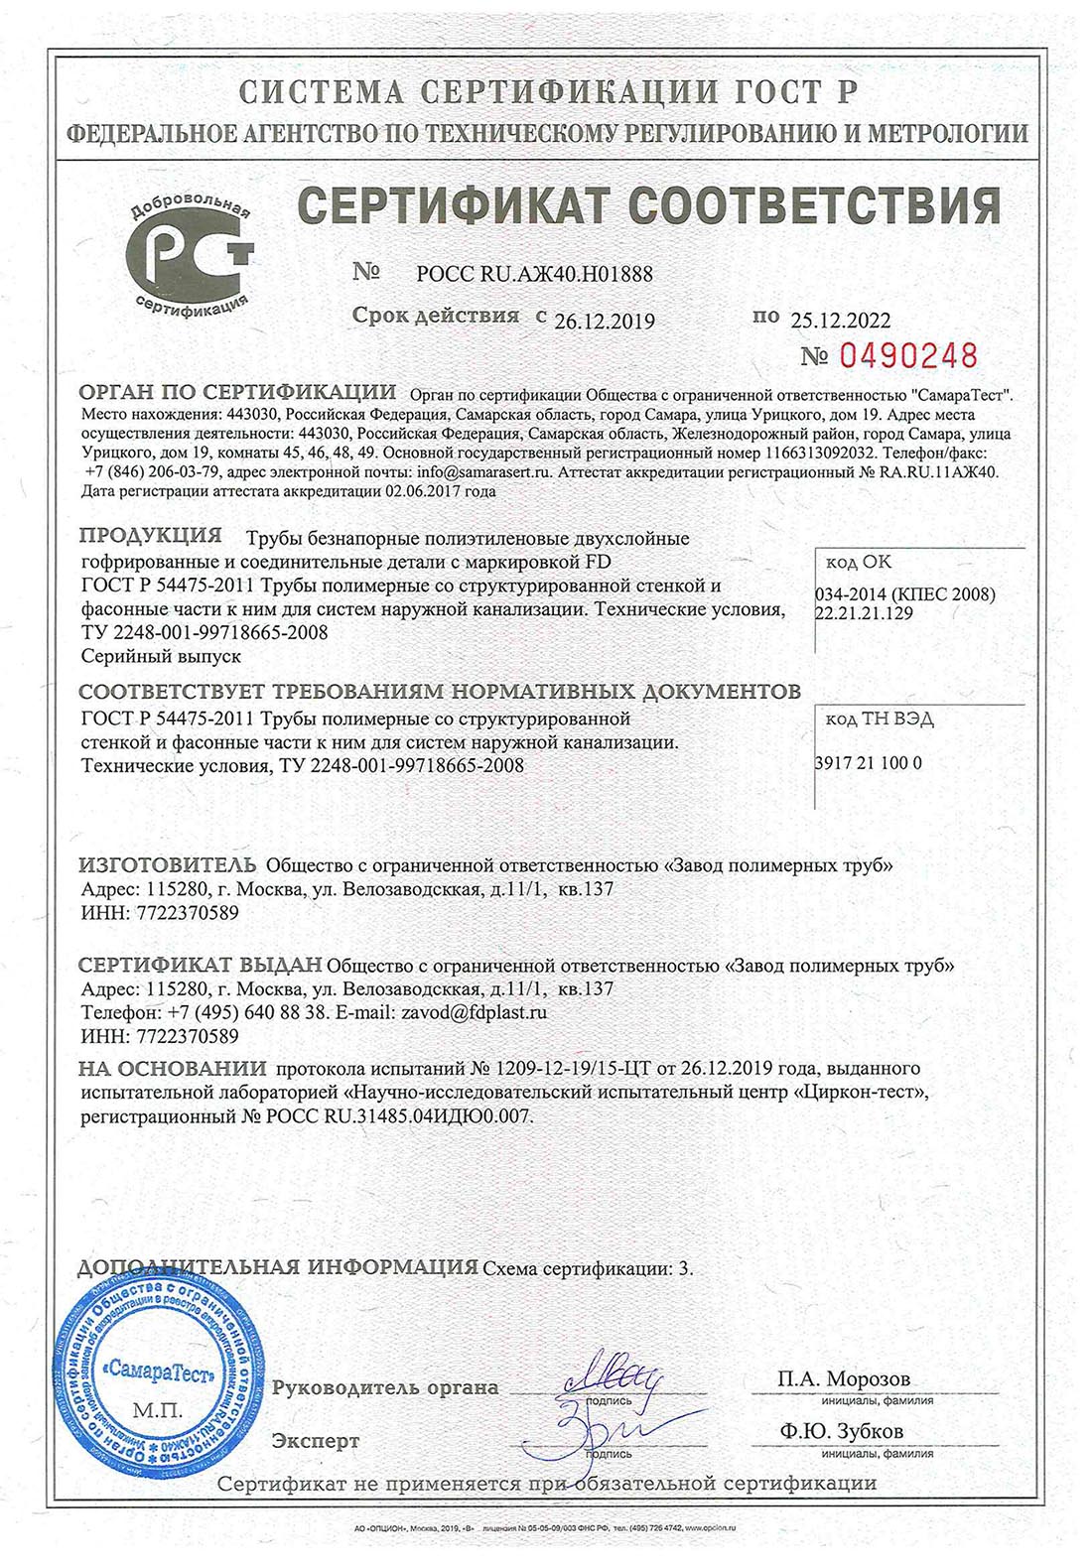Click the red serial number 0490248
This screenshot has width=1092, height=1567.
click(909, 355)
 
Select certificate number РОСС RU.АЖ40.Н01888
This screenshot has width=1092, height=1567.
click(535, 275)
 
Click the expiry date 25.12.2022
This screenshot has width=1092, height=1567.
click(841, 320)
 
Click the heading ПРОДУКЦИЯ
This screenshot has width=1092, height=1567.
click(150, 536)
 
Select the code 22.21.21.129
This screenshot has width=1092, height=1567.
click(864, 613)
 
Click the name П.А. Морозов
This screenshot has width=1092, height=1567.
click(844, 1378)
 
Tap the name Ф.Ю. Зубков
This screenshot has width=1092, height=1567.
click(842, 1431)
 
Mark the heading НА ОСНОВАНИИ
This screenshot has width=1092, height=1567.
click(173, 1068)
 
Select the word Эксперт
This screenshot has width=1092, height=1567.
click(316, 1440)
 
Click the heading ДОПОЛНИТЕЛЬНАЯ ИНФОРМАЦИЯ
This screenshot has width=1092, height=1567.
click(278, 1267)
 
